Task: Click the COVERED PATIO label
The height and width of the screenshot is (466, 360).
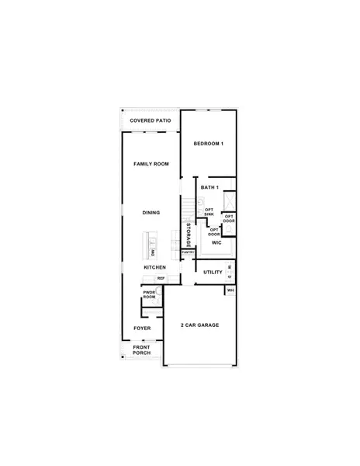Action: (151, 121)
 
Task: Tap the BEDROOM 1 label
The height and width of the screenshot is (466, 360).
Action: (208, 144)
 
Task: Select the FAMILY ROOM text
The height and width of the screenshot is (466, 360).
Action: (151, 165)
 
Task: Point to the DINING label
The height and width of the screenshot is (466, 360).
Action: (151, 212)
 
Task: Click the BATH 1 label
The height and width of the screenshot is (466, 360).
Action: (209, 188)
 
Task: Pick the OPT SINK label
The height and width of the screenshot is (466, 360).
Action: (209, 211)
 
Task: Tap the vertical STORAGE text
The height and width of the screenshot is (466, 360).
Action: (189, 235)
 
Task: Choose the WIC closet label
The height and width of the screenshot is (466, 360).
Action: (216, 243)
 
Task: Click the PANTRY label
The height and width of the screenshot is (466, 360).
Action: (188, 252)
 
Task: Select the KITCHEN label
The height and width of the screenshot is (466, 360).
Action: (154, 268)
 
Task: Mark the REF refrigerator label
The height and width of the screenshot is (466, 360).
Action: (161, 278)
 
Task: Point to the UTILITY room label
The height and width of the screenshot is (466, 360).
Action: (213, 273)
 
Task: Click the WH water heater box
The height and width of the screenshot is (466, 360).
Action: (230, 290)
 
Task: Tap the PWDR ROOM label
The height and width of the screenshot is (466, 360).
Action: (149, 296)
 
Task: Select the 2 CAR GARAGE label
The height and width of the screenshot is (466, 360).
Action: (199, 325)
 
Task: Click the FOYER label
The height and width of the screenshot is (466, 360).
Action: (141, 329)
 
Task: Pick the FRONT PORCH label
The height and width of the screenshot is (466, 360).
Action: (141, 350)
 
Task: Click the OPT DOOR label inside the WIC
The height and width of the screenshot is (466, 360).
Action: (214, 231)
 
